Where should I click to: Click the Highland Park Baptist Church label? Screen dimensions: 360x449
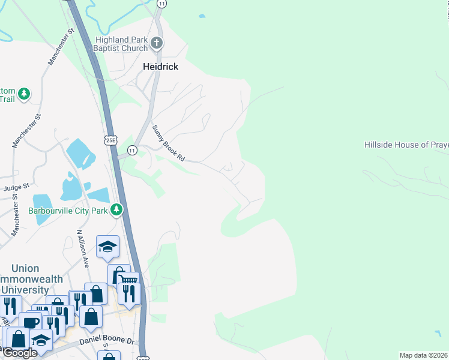[x=122, y=44]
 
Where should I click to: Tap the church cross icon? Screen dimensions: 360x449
[x=157, y=43]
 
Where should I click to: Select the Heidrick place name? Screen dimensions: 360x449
[x=161, y=67]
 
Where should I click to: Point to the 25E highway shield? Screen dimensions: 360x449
[x=111, y=140]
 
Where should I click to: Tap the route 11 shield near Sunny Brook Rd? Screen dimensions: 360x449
[x=133, y=149]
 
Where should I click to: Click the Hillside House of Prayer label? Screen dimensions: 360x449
[x=406, y=145]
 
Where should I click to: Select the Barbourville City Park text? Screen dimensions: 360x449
[x=68, y=211]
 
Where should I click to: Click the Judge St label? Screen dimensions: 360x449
[x=16, y=188]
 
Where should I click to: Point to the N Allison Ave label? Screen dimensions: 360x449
[x=79, y=247]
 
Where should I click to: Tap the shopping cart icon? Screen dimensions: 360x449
[x=130, y=281]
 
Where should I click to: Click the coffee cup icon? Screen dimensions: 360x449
[x=30, y=322]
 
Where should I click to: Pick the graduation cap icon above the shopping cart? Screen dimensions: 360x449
[x=107, y=246]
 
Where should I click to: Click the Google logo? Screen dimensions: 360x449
[x=19, y=353]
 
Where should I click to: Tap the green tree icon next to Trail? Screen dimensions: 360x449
[x=24, y=94]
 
